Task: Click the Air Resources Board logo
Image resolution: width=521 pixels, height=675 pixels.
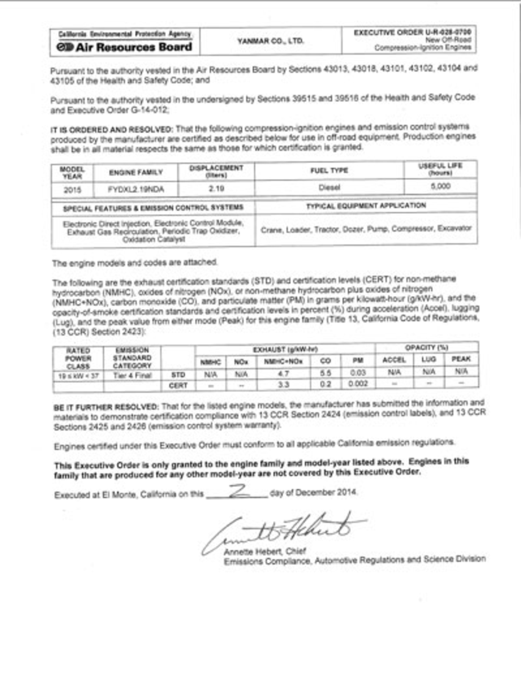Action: (x=124, y=47)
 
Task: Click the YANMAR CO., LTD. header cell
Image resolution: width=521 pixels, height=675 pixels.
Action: (x=270, y=41)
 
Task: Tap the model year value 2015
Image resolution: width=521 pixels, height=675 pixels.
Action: (x=72, y=190)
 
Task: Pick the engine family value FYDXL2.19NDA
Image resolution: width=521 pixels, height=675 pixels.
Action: (x=136, y=189)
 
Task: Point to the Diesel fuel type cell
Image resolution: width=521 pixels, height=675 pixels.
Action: (x=329, y=187)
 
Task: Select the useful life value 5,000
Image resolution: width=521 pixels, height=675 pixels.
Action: (x=440, y=186)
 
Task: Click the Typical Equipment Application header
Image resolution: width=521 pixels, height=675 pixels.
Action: (x=366, y=205)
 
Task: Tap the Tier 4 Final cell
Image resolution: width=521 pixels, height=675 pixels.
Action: (x=132, y=375)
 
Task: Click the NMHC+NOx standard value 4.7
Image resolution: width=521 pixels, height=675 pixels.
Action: (x=283, y=374)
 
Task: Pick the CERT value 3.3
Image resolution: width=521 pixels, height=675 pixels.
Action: (x=283, y=384)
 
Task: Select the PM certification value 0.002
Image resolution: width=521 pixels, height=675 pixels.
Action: (x=358, y=383)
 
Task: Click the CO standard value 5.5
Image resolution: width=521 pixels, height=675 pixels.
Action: (x=325, y=373)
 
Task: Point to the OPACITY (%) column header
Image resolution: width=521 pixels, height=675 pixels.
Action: (x=426, y=347)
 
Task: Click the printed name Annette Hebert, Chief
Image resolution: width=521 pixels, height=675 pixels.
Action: (x=265, y=551)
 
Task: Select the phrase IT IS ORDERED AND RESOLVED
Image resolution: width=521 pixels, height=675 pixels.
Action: (x=112, y=129)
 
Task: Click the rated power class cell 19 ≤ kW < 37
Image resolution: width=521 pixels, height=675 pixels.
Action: (x=78, y=375)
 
